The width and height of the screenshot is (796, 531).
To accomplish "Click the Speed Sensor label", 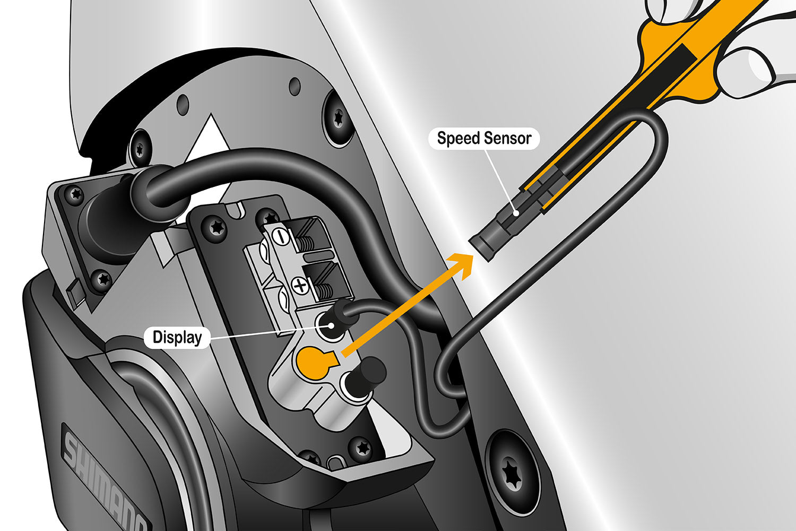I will click(483, 139).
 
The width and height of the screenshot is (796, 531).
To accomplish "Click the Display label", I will click(177, 338).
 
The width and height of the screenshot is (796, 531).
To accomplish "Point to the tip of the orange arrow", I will click(470, 257).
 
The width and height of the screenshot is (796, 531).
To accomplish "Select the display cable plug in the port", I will click(338, 318).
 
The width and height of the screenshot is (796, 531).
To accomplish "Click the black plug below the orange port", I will click(369, 371).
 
